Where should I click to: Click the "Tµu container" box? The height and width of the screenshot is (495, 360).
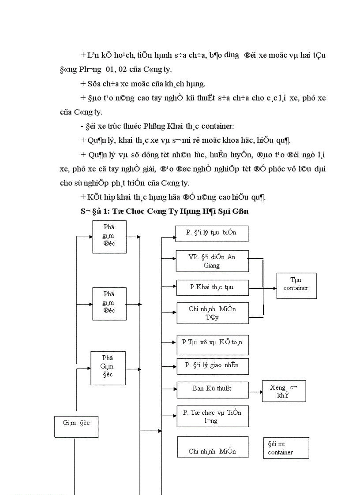pyautogui.click(x=296, y=286)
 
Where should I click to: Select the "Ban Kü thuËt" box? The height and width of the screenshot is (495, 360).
pyautogui.click(x=212, y=389)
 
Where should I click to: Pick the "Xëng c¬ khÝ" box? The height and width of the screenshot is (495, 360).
pyautogui.click(x=284, y=391)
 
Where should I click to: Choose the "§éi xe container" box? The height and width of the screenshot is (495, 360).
pyautogui.click(x=283, y=447)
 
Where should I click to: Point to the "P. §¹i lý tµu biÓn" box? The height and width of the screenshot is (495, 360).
pyautogui.click(x=211, y=234)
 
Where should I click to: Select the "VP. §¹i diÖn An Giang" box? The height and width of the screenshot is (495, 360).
pyautogui.click(x=212, y=261)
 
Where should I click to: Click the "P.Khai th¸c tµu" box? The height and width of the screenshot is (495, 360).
pyautogui.click(x=212, y=287)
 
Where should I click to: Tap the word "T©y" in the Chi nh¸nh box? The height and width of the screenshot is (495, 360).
pyautogui.click(x=212, y=317)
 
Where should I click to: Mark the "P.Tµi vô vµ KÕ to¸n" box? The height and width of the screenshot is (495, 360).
pyautogui.click(x=212, y=344)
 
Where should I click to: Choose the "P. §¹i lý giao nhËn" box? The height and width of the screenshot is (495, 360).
pyautogui.click(x=213, y=366)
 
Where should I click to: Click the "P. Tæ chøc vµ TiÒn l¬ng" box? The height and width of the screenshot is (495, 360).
pyautogui.click(x=212, y=416)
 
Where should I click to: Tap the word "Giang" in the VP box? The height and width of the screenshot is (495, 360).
pyautogui.click(x=212, y=265)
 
